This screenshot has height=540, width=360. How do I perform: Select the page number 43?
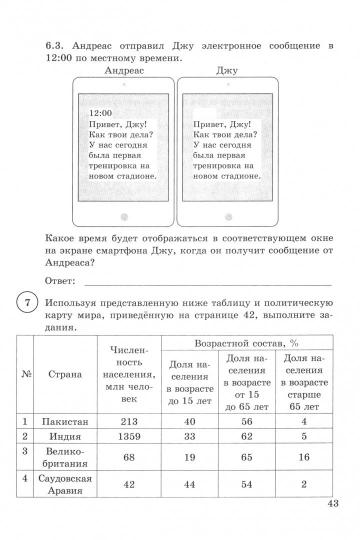(334, 531)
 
